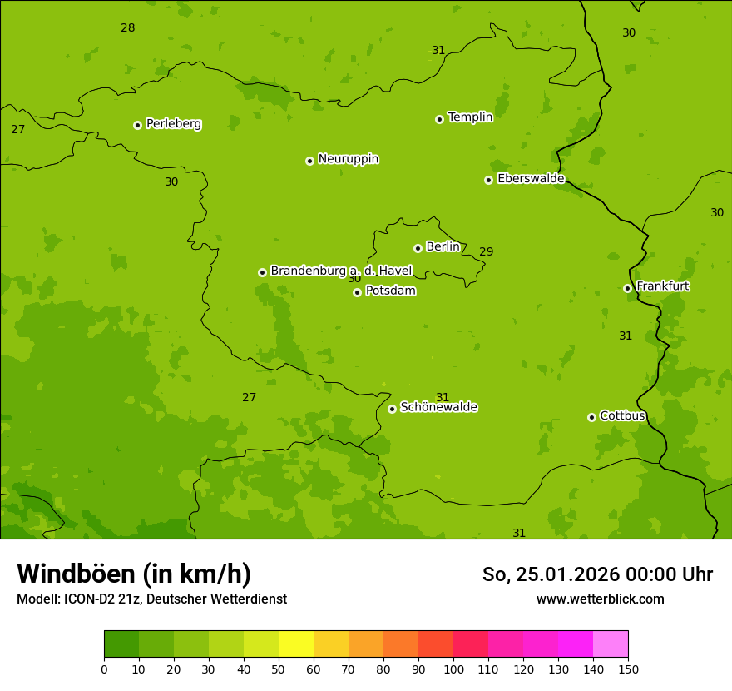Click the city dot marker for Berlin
coord(418,248)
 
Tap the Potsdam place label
coord(390,291)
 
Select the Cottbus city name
coord(622,415)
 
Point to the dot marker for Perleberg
coord(137,125)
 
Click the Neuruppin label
coord(348,159)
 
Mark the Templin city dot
coord(439,119)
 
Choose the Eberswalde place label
coord(531,179)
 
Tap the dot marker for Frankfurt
coord(627,288)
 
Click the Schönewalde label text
coord(438,407)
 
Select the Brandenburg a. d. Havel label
coord(341,271)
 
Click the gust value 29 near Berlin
coord(486,252)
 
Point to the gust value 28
coord(127,27)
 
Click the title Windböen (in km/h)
coord(134,574)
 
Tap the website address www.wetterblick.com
coord(600,599)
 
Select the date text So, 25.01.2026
coord(549,574)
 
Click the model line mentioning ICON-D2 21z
coord(151,599)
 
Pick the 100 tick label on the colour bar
coord(453,669)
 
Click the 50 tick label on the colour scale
coord(279,669)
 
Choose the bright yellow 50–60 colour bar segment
coord(296,644)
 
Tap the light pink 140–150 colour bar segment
coord(611,644)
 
